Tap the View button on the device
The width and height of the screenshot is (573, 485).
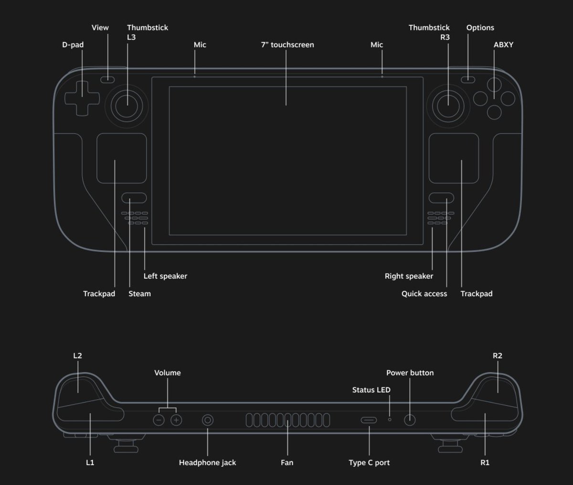coord(108,79)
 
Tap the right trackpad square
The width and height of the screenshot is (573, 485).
coord(454,158)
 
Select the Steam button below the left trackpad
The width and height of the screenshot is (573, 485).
coord(134,198)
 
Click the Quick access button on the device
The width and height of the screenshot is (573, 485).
coord(441,198)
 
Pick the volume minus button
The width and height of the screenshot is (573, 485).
coord(159,420)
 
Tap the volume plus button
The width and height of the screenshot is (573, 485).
coord(177,420)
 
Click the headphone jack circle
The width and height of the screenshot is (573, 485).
coord(208,420)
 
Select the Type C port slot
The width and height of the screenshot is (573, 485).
coord(369,420)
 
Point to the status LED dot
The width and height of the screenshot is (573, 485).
coord(390,419)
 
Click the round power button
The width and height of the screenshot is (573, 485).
coord(410,420)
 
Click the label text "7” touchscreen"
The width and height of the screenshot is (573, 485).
coord(287,45)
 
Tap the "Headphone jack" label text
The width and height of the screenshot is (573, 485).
coord(207,463)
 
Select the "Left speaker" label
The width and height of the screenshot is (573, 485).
coord(165,276)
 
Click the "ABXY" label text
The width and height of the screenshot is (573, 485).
coord(503,45)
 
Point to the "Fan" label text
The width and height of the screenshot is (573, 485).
coord(287,463)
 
